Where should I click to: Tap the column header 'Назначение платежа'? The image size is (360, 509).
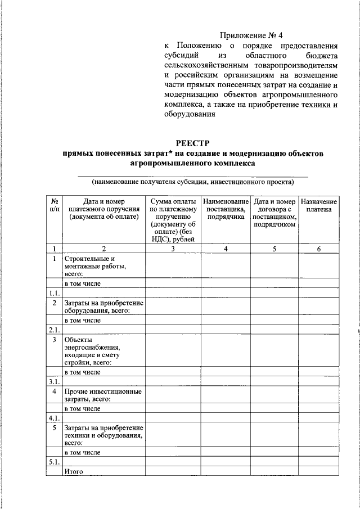[318, 205]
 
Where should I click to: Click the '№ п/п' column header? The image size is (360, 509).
[55, 205]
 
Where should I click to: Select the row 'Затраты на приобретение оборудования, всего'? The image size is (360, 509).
[103, 307]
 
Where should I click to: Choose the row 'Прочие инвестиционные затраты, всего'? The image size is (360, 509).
[103, 395]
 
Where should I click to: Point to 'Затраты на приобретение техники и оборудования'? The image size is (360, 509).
[103, 435]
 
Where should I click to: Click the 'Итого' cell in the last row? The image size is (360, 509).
[74, 472]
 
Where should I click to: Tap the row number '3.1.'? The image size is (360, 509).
[54, 381]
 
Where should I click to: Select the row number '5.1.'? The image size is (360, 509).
[54, 462]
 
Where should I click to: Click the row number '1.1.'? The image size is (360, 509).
[54, 293]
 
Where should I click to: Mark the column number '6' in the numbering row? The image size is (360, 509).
[318, 249]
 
